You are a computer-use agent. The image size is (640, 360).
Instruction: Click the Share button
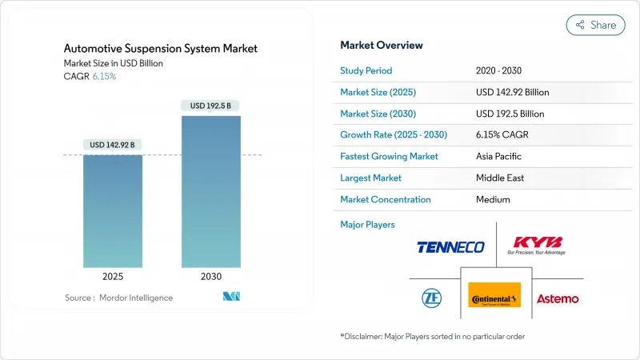point(595,25)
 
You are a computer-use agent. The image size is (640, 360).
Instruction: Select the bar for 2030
point(211,192)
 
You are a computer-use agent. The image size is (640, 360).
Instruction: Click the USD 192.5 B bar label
point(211,106)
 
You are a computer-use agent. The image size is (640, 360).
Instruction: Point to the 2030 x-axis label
point(211,277)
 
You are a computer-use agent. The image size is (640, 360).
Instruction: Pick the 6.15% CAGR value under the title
point(105,75)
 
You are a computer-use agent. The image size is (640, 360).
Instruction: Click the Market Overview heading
point(382,45)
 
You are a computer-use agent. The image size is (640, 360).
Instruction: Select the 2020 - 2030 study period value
point(503,70)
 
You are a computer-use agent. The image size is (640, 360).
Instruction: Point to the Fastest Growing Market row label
point(389,156)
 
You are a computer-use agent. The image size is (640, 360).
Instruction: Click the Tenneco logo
point(450,247)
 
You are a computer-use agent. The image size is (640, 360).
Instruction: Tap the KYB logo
point(538,243)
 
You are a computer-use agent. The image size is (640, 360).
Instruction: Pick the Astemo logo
point(558,298)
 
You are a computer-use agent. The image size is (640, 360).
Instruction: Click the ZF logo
point(431,298)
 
